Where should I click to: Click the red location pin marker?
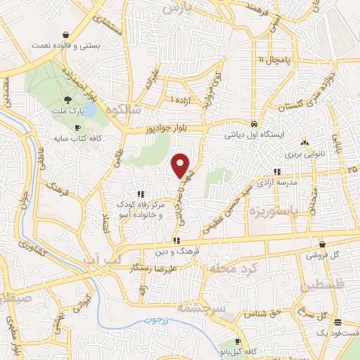181,165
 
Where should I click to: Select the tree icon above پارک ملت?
67,100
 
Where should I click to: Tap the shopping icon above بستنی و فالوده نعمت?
66,34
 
